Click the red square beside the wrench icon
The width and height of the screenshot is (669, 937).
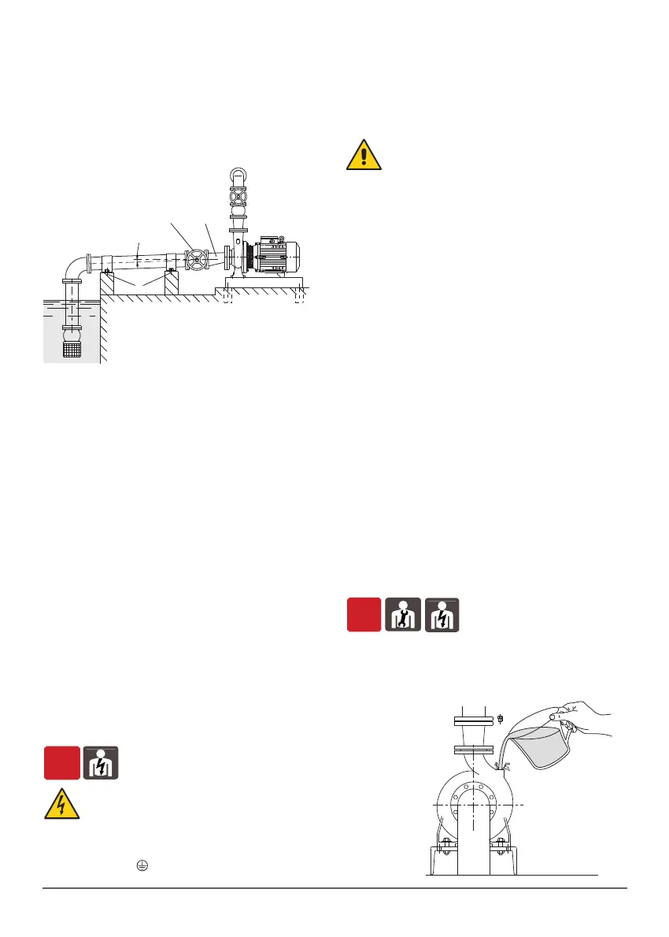364,613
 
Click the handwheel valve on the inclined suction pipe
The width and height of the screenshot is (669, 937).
197,258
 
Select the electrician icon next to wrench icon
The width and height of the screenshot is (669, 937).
443,613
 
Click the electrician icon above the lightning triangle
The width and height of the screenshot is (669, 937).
100,762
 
